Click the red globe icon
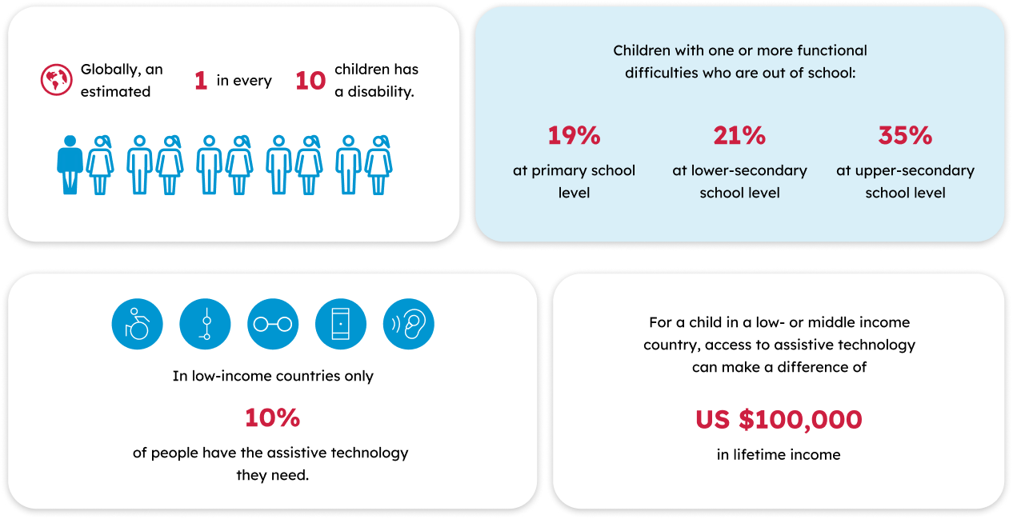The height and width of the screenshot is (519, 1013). [56, 80]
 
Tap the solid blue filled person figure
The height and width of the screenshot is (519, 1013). [70, 164]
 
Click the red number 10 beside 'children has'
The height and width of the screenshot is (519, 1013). [310, 81]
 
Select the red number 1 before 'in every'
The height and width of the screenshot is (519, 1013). [201, 81]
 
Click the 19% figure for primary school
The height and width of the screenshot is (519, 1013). [574, 136]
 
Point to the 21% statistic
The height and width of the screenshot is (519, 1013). [739, 136]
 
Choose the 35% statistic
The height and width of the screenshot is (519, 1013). [905, 136]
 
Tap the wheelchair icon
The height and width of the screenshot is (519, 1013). [138, 325]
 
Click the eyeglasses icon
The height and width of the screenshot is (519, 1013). [273, 325]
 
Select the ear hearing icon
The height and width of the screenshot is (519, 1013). [409, 325]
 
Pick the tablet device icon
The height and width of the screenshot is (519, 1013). [341, 325]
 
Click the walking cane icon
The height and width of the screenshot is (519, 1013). [206, 325]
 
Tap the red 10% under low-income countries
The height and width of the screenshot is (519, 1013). [272, 417]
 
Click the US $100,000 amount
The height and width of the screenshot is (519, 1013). [779, 420]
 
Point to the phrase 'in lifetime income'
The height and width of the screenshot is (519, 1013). [779, 455]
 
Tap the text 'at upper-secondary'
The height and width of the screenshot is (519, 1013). [905, 170]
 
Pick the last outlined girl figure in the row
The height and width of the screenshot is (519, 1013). [378, 164]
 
